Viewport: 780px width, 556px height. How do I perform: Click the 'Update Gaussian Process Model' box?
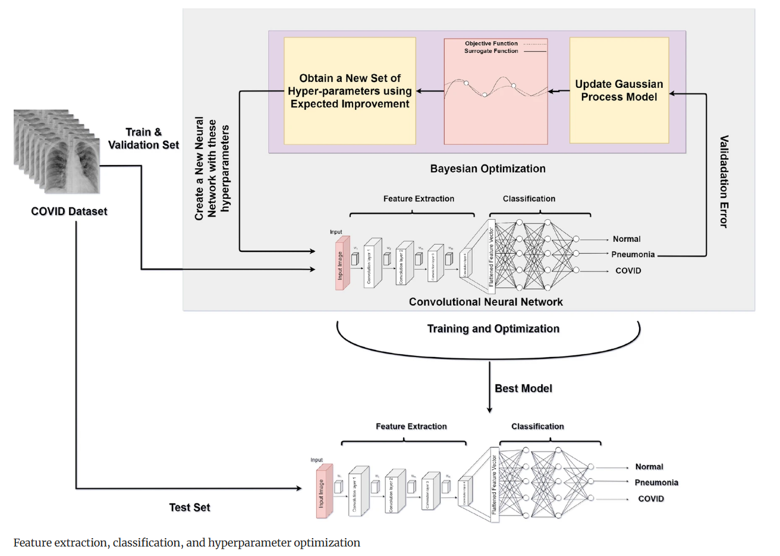[x=619, y=91]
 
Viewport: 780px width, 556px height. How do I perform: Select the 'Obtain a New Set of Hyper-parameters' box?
[x=350, y=91]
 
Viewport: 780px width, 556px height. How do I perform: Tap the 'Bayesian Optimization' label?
[x=487, y=169]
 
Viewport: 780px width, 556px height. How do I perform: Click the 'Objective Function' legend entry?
[x=491, y=43]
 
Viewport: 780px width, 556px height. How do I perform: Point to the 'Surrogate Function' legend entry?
[x=491, y=51]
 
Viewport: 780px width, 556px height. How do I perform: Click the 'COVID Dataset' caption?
[x=69, y=211]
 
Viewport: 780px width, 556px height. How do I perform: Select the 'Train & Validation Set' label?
[x=143, y=138]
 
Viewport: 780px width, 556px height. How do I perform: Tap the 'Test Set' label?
[x=190, y=507]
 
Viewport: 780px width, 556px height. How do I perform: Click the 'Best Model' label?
[x=523, y=388]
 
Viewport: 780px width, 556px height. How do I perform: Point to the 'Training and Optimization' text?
[x=493, y=329]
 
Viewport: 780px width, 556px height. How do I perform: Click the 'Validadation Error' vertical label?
[x=724, y=181]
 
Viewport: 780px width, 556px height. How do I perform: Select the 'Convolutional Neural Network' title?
[x=486, y=302]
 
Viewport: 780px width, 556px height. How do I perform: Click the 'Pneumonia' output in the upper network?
[x=633, y=255]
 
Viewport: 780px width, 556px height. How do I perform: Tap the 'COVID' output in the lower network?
[x=650, y=499]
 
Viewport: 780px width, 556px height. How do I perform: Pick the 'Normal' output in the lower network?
[x=649, y=467]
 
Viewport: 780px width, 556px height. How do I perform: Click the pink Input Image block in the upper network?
[x=341, y=264]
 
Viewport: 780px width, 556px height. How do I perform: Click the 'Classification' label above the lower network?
[x=537, y=427]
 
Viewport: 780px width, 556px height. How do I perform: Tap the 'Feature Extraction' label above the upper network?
[x=419, y=199]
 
